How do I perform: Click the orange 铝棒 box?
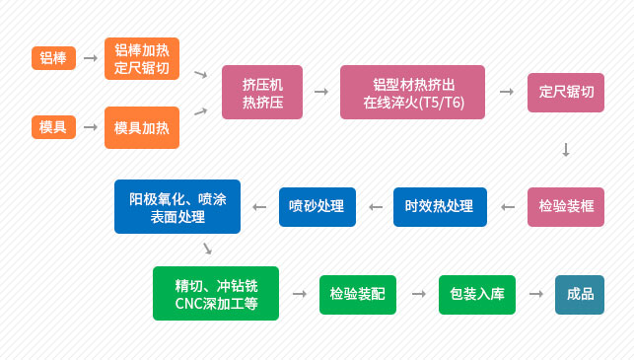click(53, 58)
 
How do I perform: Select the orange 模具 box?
click(53, 127)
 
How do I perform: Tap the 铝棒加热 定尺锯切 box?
click(142, 58)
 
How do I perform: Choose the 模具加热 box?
click(142, 127)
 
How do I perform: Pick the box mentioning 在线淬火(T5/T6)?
click(412, 93)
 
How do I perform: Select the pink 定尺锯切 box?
click(566, 93)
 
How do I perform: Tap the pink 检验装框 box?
click(566, 206)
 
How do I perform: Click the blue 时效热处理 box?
click(440, 206)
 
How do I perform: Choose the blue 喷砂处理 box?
click(316, 206)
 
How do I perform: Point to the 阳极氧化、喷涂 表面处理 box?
click(177, 206)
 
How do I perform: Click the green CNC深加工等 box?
click(216, 294)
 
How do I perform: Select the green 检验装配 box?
click(357, 294)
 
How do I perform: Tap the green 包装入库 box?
click(477, 294)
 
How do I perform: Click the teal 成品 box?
click(580, 294)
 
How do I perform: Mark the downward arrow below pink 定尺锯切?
click(566, 150)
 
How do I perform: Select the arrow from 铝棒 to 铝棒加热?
click(90, 58)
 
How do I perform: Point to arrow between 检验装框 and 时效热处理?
click(508, 206)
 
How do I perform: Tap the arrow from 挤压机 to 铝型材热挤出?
click(320, 92)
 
